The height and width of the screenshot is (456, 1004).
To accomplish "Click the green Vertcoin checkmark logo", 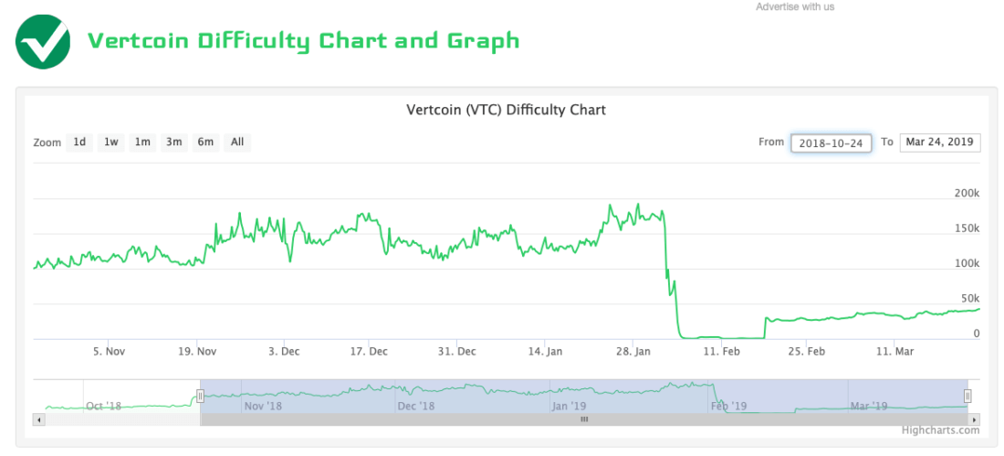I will [43, 41].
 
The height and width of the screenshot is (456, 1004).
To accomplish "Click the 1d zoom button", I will [80, 142].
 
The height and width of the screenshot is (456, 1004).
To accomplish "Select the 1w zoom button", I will [111, 142].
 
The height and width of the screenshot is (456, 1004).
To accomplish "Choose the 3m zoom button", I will [173, 142].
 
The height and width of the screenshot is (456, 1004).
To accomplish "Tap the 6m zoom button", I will [206, 142].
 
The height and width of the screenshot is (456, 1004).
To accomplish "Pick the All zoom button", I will [237, 142].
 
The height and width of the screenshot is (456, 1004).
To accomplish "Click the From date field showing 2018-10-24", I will [831, 143].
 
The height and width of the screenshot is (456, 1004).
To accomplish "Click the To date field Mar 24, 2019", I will [940, 143].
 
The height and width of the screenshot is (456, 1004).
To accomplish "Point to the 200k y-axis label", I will [966, 194].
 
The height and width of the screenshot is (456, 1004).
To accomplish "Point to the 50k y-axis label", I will [968, 299].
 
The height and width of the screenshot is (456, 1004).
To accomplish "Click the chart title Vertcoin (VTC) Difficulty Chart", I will [506, 110].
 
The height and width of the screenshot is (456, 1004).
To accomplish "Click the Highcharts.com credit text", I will [940, 430].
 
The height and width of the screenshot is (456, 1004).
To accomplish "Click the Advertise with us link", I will [795, 7].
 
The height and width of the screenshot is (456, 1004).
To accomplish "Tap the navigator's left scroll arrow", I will [38, 419].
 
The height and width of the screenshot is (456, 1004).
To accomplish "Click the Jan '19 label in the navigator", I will [568, 406].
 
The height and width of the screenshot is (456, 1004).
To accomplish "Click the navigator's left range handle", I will [200, 396].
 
